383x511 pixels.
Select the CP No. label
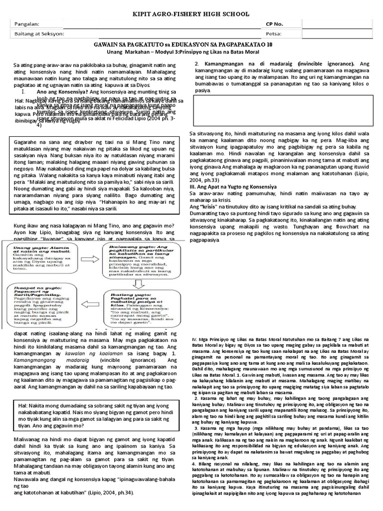tap(275, 24)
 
